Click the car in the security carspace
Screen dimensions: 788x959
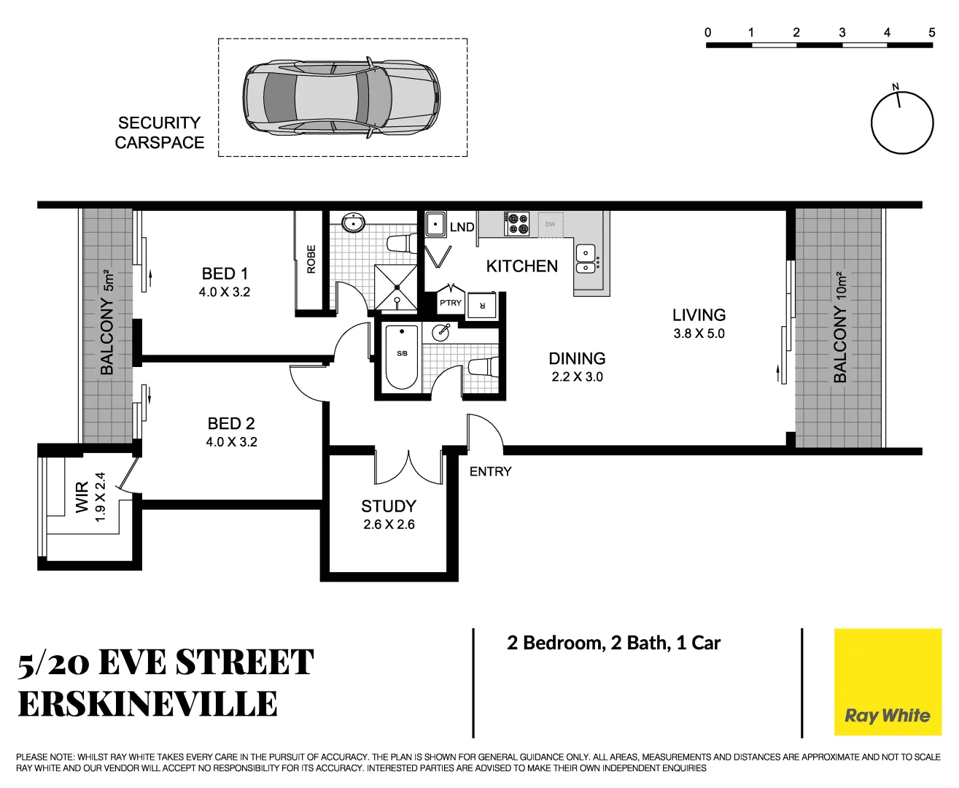(x=341, y=97)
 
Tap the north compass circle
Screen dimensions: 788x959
(x=902, y=123)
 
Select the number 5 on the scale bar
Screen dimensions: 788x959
(x=931, y=32)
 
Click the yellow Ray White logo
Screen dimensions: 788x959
(x=887, y=682)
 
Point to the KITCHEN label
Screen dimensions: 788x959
(x=521, y=266)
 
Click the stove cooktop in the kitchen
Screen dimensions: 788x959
(x=518, y=224)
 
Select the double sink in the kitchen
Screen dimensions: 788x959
(x=586, y=259)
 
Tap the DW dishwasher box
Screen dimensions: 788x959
(x=550, y=225)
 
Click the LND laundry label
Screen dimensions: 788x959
(x=462, y=227)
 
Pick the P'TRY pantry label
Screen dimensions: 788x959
(x=450, y=303)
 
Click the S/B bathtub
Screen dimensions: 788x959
(x=402, y=358)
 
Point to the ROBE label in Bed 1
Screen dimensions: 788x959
(x=311, y=259)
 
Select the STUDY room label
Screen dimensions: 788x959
(x=389, y=506)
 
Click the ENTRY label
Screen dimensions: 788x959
(x=490, y=471)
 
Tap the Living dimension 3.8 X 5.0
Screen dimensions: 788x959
(x=699, y=333)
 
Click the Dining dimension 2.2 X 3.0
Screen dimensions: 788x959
(x=577, y=376)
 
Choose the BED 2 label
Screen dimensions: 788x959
(x=231, y=423)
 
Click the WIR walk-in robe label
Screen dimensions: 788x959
(x=82, y=496)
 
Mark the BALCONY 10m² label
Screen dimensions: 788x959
(x=840, y=326)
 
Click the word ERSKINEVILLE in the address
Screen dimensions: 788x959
(x=147, y=704)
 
